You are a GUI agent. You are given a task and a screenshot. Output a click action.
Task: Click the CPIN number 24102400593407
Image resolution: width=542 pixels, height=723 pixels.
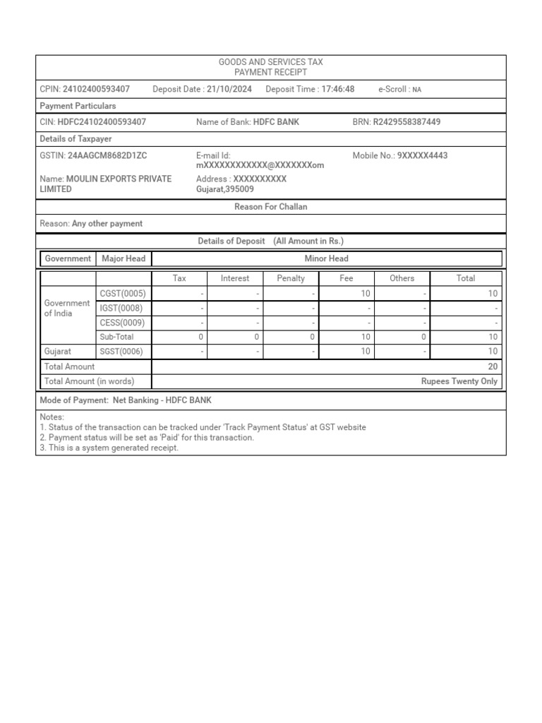pyautogui.click(x=96, y=89)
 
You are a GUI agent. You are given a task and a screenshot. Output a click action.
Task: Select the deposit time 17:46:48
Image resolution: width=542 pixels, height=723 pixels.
pyautogui.click(x=338, y=89)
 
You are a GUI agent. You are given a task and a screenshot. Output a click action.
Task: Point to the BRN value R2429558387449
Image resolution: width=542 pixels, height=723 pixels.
pyautogui.click(x=406, y=122)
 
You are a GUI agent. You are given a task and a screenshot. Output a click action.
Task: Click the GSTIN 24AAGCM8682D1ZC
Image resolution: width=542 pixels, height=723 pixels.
pyautogui.click(x=107, y=155)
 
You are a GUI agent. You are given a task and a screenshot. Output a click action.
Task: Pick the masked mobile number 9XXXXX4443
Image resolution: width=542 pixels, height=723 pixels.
pyautogui.click(x=423, y=155)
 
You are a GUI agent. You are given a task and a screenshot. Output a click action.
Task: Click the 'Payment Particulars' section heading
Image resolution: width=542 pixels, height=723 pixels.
pyautogui.click(x=78, y=106)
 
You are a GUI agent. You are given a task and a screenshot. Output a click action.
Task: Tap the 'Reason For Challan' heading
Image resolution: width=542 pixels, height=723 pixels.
pyautogui.click(x=271, y=207)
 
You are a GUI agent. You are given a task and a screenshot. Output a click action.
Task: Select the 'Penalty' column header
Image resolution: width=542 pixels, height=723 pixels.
pyautogui.click(x=291, y=278)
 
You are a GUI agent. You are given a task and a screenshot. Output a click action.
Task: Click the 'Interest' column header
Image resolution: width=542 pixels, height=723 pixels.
pyautogui.click(x=235, y=278)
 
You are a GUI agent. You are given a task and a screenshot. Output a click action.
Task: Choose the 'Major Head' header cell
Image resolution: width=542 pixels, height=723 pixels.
pyautogui.click(x=124, y=258)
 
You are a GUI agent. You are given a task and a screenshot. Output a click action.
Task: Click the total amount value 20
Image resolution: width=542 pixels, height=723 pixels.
pyautogui.click(x=493, y=366)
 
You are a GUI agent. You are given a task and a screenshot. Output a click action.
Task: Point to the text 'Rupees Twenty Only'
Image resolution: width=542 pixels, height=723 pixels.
pyautogui.click(x=459, y=381)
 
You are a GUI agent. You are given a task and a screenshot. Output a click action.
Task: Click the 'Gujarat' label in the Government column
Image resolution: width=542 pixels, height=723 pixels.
pyautogui.click(x=59, y=351)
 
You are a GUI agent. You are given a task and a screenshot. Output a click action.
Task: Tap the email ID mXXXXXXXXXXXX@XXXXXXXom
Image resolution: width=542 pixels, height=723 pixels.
pyautogui.click(x=260, y=165)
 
